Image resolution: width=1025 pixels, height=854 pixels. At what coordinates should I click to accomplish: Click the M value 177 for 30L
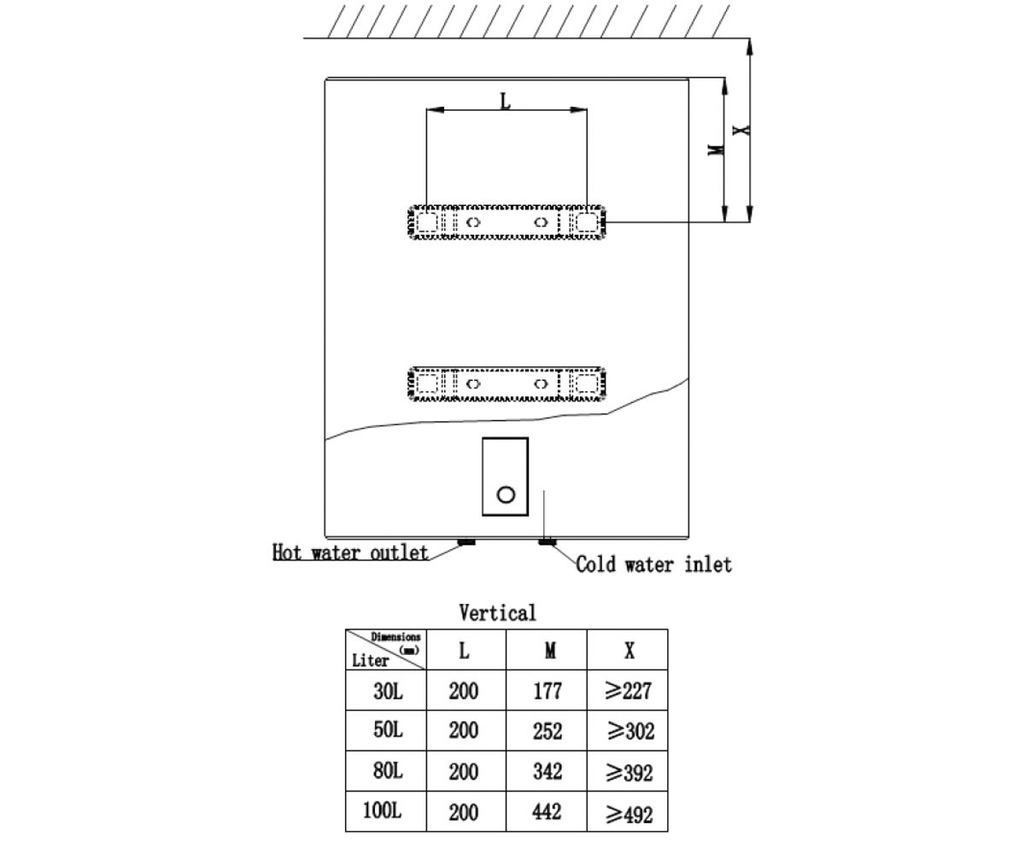click(x=548, y=691)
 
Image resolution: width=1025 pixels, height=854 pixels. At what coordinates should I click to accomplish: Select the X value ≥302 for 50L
click(x=631, y=731)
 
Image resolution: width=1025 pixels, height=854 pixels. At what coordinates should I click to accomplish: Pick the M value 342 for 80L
click(x=548, y=771)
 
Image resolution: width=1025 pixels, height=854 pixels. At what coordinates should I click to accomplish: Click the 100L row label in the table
click(x=383, y=810)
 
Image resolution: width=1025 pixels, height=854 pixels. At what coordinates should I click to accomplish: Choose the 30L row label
click(x=388, y=691)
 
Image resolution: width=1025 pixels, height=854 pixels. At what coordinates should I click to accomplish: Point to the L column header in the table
click(x=464, y=651)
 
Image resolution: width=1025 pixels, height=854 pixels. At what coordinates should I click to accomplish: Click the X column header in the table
click(x=630, y=651)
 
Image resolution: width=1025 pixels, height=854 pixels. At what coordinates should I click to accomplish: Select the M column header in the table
click(x=550, y=651)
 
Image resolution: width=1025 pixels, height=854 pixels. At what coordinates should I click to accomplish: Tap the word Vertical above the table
click(x=497, y=613)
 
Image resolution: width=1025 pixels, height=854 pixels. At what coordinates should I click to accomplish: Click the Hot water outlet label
click(x=350, y=553)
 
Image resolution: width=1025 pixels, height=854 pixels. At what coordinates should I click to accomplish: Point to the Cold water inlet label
click(x=653, y=564)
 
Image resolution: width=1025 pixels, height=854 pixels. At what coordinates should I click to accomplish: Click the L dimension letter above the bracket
click(x=505, y=101)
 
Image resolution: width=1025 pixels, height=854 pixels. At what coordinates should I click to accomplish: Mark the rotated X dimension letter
click(x=741, y=130)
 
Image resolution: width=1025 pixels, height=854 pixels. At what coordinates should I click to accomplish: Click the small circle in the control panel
click(x=506, y=494)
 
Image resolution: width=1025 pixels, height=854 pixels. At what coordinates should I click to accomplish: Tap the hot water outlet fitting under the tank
click(x=466, y=541)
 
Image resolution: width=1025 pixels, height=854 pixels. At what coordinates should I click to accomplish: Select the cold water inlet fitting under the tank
click(x=547, y=541)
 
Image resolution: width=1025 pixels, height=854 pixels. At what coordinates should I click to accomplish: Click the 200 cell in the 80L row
click(x=464, y=771)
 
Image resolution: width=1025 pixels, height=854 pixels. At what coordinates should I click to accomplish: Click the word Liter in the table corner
click(x=370, y=661)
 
